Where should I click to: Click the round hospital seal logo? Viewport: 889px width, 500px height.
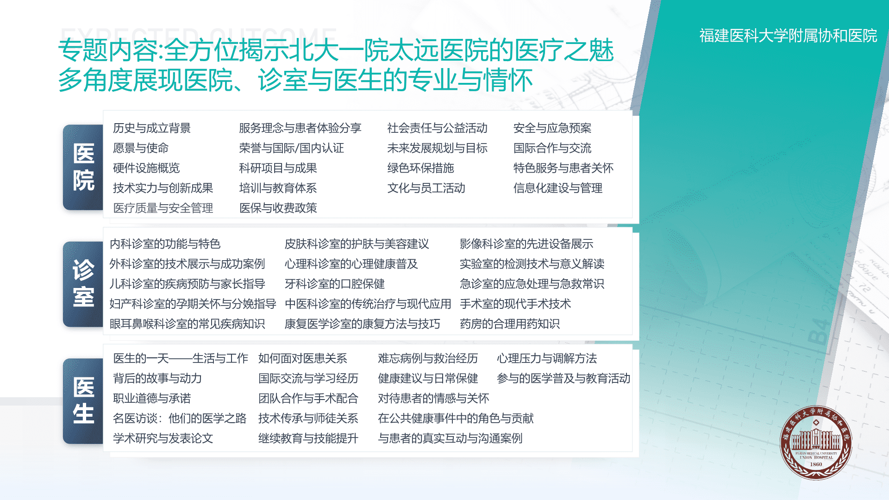[816, 443]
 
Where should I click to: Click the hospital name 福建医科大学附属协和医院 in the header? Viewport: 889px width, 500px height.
[788, 36]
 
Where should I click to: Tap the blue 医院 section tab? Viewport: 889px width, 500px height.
[83, 167]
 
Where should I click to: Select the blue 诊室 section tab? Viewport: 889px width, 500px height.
[83, 284]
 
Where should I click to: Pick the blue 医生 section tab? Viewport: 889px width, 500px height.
[83, 401]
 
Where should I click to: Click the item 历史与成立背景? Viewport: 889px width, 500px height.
[152, 128]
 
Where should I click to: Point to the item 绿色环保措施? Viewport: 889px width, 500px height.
[420, 168]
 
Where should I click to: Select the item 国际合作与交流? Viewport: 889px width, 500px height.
[552, 148]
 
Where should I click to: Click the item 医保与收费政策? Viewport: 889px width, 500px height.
[278, 208]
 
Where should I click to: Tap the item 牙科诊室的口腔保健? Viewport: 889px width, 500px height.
[334, 283]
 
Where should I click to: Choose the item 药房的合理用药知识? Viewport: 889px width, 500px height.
[509, 324]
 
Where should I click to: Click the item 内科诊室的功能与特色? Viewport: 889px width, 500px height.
[165, 244]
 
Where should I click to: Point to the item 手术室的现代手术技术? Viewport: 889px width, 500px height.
[515, 304]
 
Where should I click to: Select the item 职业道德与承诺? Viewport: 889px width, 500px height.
[152, 398]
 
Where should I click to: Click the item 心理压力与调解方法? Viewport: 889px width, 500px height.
[546, 358]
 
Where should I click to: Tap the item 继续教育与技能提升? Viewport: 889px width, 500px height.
[308, 438]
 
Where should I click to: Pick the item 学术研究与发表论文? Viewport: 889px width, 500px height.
[163, 438]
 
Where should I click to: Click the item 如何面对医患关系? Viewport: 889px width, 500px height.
[302, 358]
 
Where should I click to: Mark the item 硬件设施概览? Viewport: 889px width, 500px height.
[146, 168]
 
